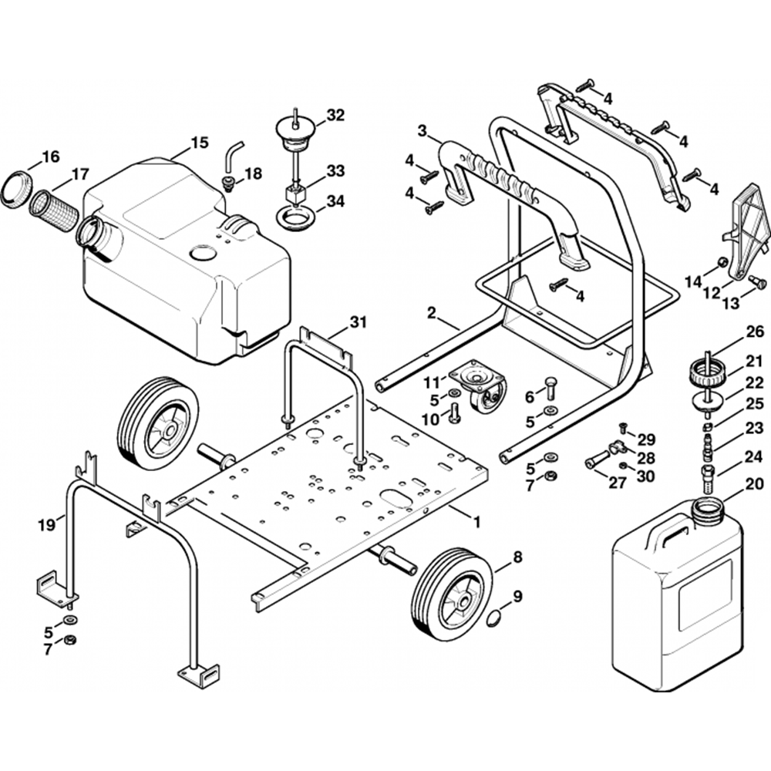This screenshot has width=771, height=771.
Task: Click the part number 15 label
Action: [x=200, y=143]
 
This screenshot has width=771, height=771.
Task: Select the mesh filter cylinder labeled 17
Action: [x=54, y=210]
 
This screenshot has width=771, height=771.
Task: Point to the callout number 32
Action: [x=335, y=115]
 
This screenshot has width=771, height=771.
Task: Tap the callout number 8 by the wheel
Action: [x=517, y=557]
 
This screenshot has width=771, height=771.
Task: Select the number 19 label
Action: [x=47, y=526]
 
